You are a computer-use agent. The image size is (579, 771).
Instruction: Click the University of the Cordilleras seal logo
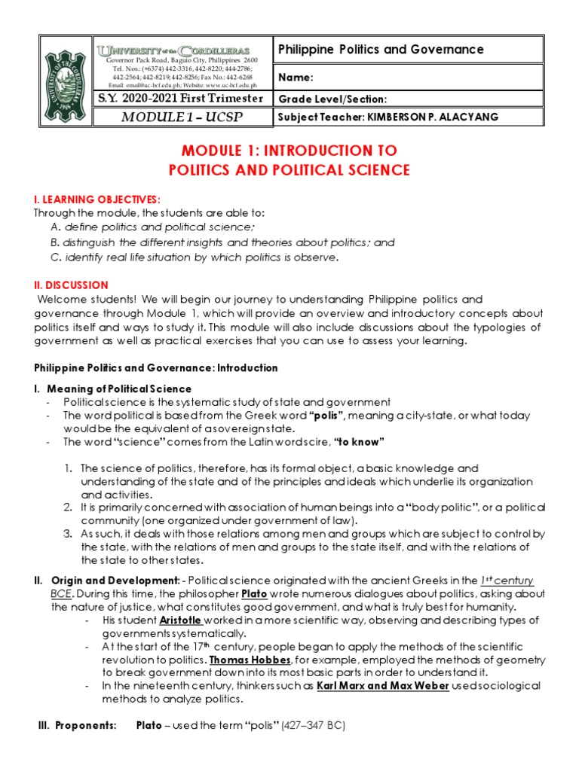(62, 81)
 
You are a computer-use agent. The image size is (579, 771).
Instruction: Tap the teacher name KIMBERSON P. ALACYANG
(432, 117)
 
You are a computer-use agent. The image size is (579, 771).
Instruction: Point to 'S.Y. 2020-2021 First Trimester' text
(181, 99)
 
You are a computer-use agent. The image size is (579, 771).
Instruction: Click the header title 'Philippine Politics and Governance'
(381, 50)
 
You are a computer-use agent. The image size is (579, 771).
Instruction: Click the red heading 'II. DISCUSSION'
(71, 285)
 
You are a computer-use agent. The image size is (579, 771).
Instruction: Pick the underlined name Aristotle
(180, 620)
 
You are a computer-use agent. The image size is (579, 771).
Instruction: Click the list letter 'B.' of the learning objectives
(55, 242)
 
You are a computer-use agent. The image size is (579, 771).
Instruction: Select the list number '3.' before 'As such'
(69, 533)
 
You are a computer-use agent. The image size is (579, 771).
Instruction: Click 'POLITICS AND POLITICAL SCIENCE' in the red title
(289, 170)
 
